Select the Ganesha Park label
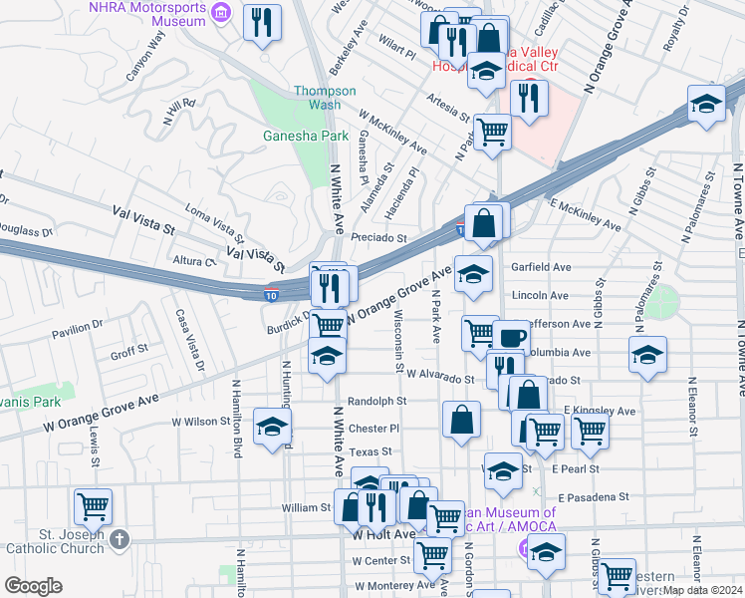pos(292,136)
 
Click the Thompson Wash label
pos(324,97)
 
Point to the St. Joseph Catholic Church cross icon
pos(120,539)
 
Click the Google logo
pos(34,585)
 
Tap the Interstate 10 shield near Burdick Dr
pos(271,294)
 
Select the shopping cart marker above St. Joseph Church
pos(94,505)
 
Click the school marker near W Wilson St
pos(271,427)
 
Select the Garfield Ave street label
pos(541,267)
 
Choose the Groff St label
pos(129,352)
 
